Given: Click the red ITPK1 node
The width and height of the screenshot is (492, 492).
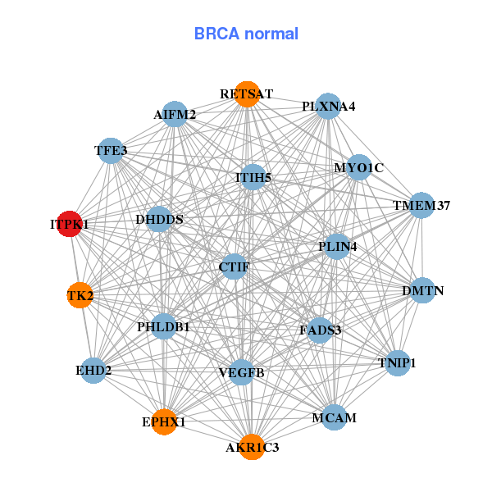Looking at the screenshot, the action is (x=71, y=223).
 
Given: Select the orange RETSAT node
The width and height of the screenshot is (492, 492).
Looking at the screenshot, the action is (x=246, y=93).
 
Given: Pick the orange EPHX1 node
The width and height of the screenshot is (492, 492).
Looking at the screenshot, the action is (x=164, y=421).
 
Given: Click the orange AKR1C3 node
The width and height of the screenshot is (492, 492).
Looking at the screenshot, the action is (x=252, y=447).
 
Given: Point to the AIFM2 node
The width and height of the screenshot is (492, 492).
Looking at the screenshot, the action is (x=175, y=115).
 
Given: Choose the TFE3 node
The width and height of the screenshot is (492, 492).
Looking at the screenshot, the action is (x=111, y=150).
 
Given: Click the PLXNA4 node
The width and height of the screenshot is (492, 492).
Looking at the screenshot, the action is (x=328, y=107).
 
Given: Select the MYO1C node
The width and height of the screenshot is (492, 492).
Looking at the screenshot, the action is (x=359, y=168).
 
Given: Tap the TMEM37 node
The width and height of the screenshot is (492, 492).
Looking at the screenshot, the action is (x=421, y=206).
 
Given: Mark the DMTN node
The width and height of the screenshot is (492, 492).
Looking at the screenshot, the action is (x=422, y=290).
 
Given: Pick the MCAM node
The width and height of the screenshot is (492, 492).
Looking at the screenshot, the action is (x=334, y=417).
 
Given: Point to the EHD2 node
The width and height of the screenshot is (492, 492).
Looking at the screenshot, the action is (x=93, y=371).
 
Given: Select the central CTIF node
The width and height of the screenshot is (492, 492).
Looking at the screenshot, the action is (x=235, y=266).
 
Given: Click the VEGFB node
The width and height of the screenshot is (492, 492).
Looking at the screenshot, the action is (x=241, y=373).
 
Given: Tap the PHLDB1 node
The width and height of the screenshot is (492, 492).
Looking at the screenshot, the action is (x=163, y=327).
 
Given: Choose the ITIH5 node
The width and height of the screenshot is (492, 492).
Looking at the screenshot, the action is (x=253, y=176).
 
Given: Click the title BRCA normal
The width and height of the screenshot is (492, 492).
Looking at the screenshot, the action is (x=246, y=34).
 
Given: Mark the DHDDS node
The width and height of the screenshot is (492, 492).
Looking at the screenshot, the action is (x=159, y=220).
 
